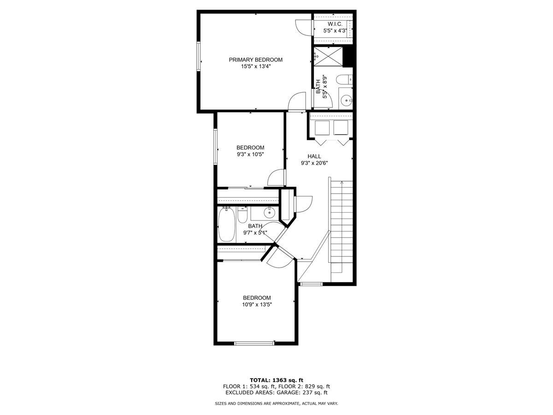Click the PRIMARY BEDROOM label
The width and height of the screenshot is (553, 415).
tap(256, 59)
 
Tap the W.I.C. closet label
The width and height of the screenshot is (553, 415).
tap(335, 24)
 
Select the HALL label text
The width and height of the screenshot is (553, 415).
tap(314, 156)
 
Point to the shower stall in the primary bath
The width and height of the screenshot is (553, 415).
tap(328, 57)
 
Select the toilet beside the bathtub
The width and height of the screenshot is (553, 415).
tap(242, 214)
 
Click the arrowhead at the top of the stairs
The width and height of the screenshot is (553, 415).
tap(341, 183)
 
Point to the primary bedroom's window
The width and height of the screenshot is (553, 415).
tap(200, 59)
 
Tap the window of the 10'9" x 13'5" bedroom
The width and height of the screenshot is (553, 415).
tap(254, 343)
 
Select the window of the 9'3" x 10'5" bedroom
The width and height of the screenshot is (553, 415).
tap(215, 146)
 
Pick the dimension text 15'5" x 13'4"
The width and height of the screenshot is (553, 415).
tap(256, 66)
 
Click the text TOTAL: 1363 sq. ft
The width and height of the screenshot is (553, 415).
tap(276, 380)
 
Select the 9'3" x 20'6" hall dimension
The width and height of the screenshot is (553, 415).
tap(314, 163)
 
